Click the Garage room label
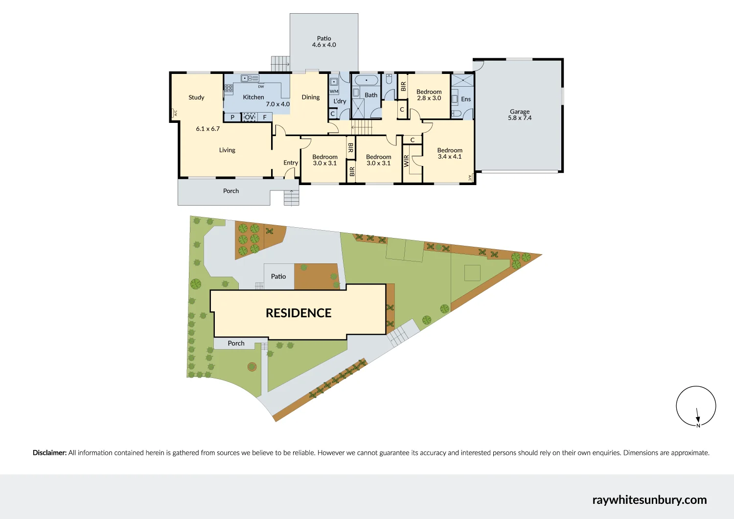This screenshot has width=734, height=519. pos(520,112)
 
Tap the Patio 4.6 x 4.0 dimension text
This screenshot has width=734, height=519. pos(324,45)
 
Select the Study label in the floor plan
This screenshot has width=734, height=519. pos(196,97)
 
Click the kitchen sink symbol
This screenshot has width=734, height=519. pos(250,78)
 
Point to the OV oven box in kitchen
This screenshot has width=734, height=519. pos(250,117)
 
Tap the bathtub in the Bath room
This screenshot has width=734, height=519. pos(366,80)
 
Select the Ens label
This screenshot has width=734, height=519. pos(466,99)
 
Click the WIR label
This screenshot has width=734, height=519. pos(406,161)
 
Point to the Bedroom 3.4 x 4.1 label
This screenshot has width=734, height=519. pos(450,154)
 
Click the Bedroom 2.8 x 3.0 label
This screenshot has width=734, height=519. pos(429,95)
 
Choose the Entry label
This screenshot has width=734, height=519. pos(291,163)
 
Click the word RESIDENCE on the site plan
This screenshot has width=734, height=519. pos(298,313)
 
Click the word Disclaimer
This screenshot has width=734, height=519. pos(49,453)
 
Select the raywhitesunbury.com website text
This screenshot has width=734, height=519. pos(649,500)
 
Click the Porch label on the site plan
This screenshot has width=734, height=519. pos(236,343)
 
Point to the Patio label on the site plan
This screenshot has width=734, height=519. pos(278,277)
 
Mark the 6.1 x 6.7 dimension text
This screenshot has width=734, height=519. pos(208,129)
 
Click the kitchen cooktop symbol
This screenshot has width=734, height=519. pos(229,89)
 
